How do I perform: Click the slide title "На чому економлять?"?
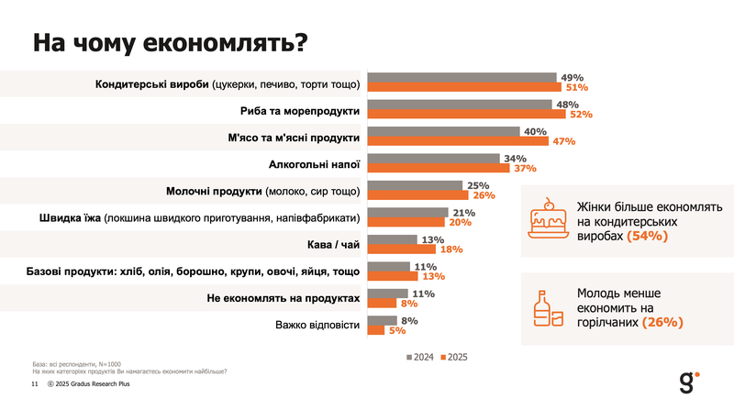pos(170,43)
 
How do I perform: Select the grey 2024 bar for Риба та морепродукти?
pos(461,105)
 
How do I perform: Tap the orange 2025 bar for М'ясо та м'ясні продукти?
pos(458,141)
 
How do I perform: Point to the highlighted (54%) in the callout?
pos(648,237)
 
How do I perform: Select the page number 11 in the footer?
pos(34,385)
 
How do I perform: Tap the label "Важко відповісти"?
pos(317,325)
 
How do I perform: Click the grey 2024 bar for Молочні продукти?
pos(415,185)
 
